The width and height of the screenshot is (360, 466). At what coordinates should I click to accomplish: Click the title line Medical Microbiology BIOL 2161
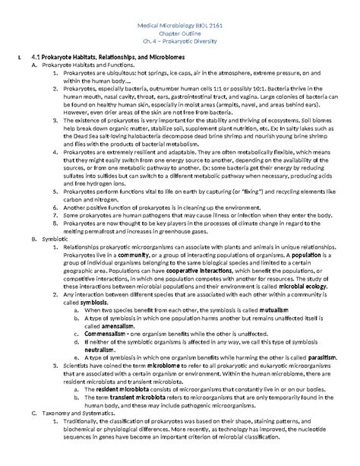pyautogui.click(x=180, y=25)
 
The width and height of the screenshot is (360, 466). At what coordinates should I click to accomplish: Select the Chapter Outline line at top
pyautogui.click(x=180, y=33)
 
